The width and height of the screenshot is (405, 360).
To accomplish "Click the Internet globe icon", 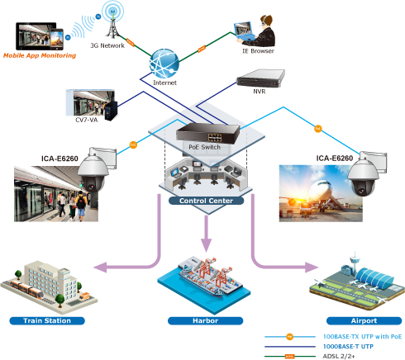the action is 164,64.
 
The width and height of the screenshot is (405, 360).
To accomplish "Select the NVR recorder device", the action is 260,78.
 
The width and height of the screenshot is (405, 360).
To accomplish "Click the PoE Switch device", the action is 208,133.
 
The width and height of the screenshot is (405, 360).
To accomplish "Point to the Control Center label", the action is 206,201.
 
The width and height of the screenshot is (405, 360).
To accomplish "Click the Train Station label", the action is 47,320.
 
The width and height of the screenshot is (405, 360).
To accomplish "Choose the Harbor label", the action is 205,320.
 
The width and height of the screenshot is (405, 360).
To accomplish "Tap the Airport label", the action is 364,320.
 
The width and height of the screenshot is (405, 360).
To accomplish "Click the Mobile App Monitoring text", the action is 40,55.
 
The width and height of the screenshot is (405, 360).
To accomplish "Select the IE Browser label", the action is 258,51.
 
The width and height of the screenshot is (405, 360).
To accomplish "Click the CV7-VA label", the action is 86,120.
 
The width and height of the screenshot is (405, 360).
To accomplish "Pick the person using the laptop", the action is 262,31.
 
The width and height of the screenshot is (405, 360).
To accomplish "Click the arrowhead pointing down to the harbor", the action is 206,245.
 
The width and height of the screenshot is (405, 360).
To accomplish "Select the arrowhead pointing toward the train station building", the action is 100,268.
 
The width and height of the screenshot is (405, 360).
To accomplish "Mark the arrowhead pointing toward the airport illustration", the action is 312,268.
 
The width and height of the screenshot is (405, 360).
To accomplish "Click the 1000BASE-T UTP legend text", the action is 348,346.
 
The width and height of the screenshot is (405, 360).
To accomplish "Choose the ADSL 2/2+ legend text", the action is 339,356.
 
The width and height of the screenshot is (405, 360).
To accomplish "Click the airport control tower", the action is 355,263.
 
